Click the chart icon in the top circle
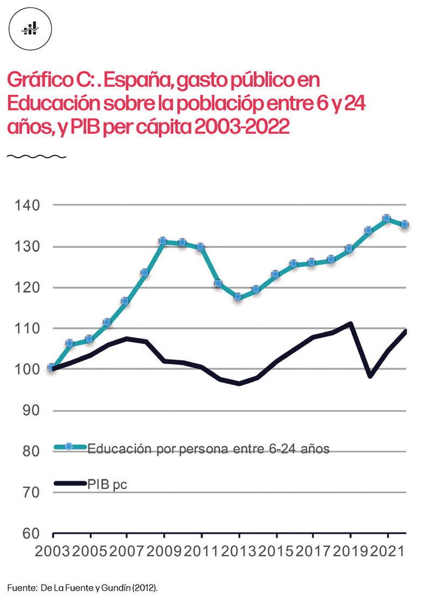[30, 29]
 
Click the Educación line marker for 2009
[163, 241]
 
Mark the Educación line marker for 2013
[238, 297]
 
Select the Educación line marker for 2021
[387, 219]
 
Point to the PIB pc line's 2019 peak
[350, 324]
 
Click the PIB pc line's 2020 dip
[370, 376]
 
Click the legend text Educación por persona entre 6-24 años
[208, 448]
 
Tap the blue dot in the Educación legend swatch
[68, 447]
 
